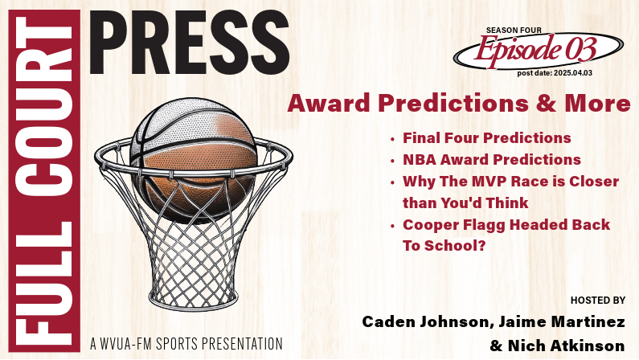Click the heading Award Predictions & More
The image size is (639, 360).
(x=459, y=104)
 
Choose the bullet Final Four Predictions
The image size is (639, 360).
(x=486, y=138)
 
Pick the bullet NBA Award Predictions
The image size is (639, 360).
(x=491, y=160)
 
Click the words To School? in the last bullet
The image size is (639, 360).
(x=444, y=246)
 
